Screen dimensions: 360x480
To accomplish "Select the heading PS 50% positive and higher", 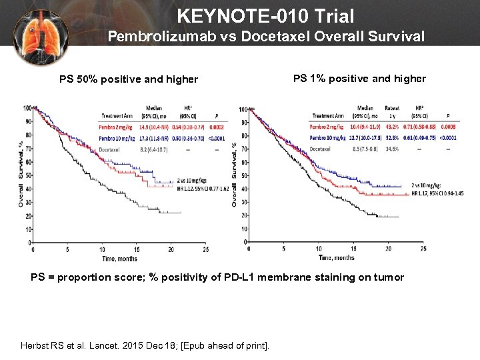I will tap(129, 79).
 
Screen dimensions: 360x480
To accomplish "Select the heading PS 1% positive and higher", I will tap(359, 79).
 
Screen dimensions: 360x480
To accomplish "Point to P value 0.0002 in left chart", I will tap(216, 126).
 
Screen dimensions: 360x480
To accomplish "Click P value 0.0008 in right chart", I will tap(448, 126).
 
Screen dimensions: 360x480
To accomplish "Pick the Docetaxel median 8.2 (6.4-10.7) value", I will tap(155, 150).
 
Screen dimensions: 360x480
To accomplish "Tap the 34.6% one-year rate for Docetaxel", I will tap(393, 149).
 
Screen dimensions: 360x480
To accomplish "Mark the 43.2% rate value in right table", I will tap(393, 126).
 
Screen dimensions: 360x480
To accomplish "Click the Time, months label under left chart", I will tap(121, 258).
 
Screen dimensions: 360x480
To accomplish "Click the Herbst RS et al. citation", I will tap(144, 345).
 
